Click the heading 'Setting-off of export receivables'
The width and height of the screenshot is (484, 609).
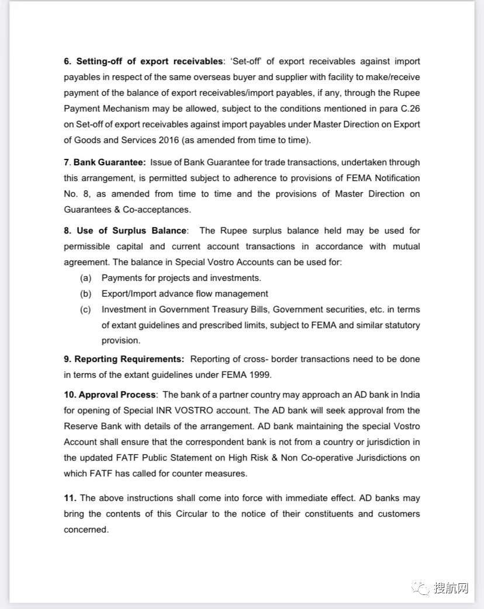pyautogui.click(x=150, y=61)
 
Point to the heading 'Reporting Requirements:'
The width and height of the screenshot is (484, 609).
pyautogui.click(x=129, y=359)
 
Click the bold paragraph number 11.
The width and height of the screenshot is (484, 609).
pyautogui.click(x=70, y=498)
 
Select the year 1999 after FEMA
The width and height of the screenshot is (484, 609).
pyautogui.click(x=260, y=375)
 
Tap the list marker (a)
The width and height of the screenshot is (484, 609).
pyautogui.click(x=85, y=278)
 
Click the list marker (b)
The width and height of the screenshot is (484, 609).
pyautogui.click(x=85, y=294)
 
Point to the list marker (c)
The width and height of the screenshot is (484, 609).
pyautogui.click(x=85, y=309)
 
